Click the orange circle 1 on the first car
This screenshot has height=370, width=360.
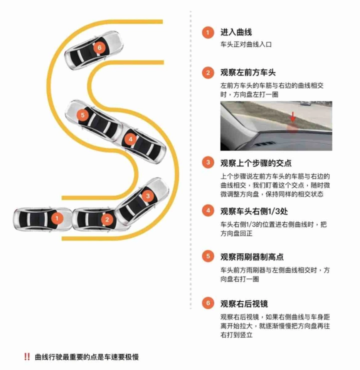[57, 218]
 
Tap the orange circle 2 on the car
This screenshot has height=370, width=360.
[107, 219]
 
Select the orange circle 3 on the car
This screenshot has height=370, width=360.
[148, 196]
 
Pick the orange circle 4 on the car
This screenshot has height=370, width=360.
[130, 139]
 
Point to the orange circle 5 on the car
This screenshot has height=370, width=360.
[82, 115]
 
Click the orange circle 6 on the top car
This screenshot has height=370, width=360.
[99, 47]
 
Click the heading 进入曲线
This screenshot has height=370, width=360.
[236, 32]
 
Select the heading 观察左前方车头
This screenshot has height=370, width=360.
[248, 72]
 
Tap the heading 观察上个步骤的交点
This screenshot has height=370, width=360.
[256, 163]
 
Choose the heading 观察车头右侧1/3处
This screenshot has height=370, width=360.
[254, 211]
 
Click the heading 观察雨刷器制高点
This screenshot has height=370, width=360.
[252, 257]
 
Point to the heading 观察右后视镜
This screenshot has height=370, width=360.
[244, 303]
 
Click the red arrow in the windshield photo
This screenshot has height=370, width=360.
[293, 117]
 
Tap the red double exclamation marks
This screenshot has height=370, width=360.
[27, 356]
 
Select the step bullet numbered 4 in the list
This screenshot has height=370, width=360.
[208, 210]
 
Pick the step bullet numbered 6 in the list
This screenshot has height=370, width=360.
[208, 302]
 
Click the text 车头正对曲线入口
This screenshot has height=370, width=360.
[246, 44]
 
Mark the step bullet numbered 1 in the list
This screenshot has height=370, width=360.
[208, 32]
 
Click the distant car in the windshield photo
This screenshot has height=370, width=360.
[305, 103]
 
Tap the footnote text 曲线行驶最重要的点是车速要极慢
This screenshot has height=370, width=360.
[87, 357]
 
